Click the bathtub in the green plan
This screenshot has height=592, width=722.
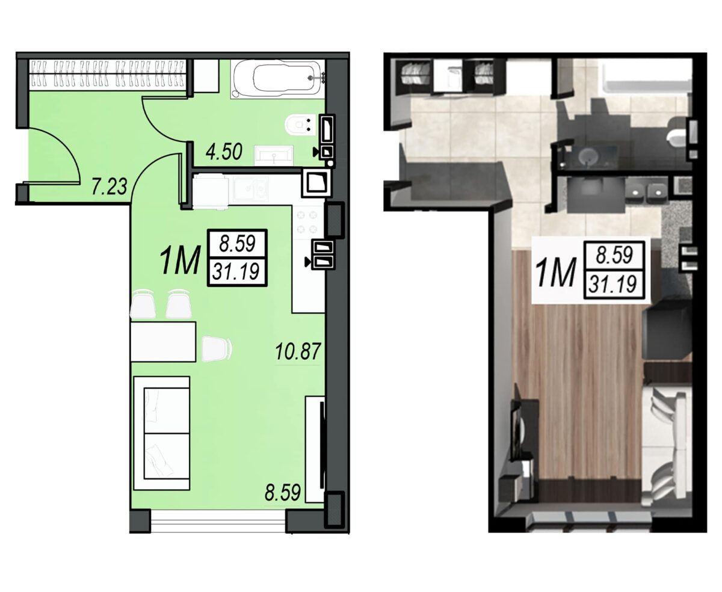(277, 79)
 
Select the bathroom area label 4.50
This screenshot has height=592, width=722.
(224, 152)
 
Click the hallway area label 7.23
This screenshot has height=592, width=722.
(110, 187)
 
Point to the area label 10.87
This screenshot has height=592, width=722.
(298, 351)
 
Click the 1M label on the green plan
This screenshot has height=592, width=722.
(180, 261)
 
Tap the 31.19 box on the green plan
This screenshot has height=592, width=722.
(237, 271)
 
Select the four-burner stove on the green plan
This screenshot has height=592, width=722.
(307, 222)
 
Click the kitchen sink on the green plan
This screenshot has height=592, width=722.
(250, 190)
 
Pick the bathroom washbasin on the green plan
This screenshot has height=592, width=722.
(274, 155)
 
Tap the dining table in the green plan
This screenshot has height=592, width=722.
(163, 341)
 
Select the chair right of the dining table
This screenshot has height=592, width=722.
(217, 349)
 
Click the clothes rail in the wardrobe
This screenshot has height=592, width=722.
(107, 73)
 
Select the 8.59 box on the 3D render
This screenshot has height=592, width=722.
(614, 254)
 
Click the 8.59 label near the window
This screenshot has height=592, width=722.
(282, 492)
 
